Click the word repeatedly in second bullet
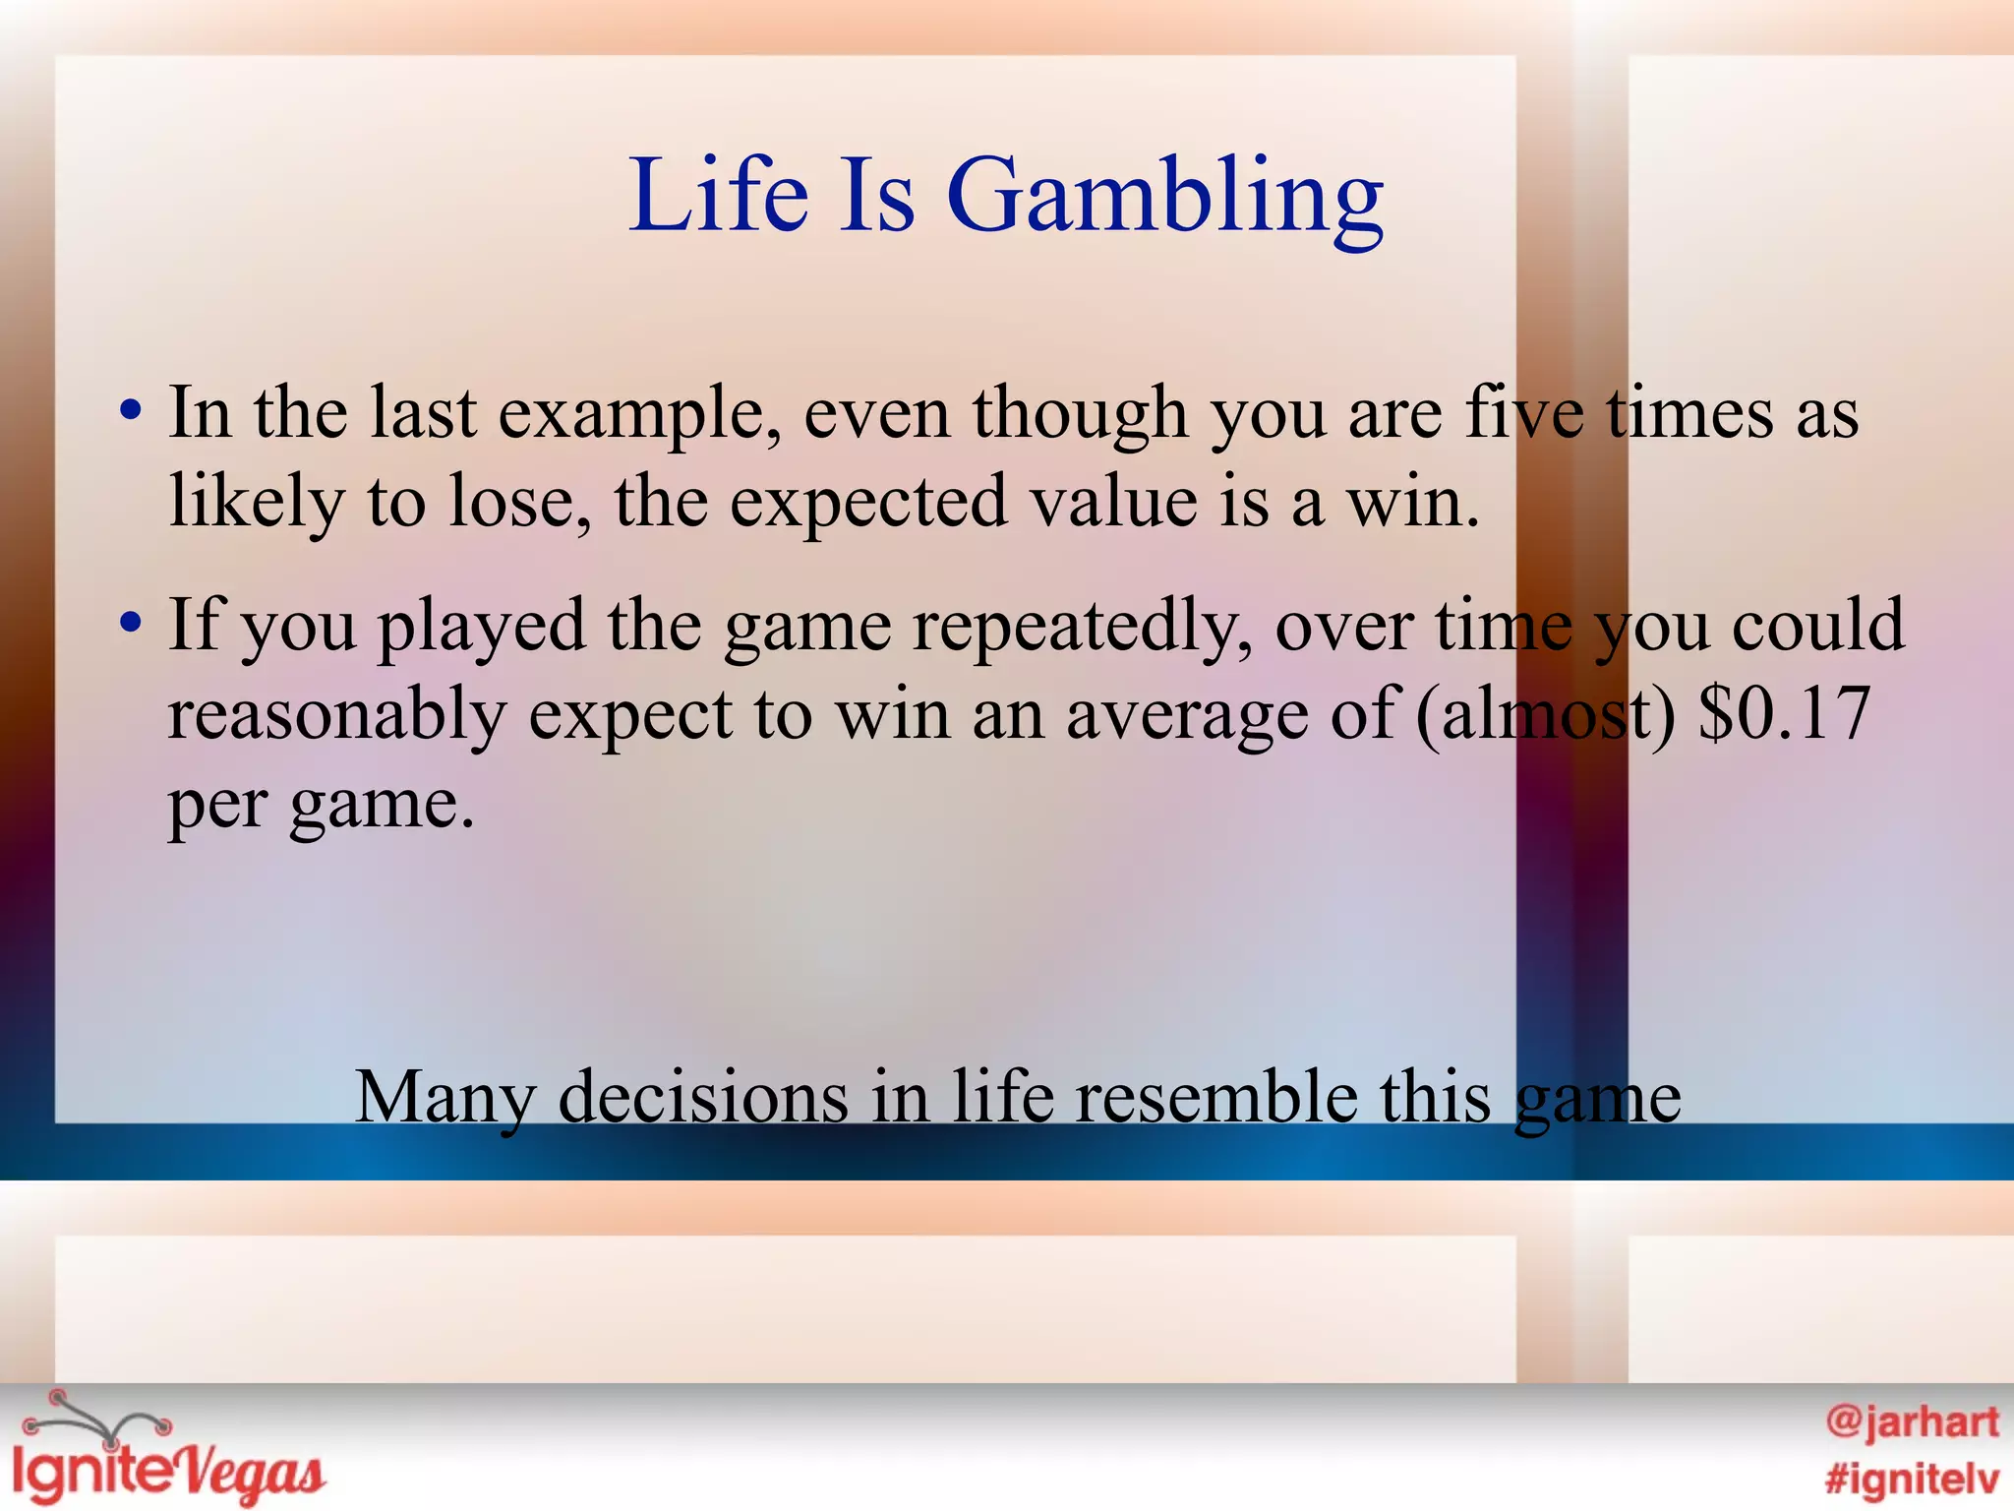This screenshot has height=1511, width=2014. pyautogui.click(x=1082, y=628)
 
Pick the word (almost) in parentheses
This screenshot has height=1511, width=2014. pyautogui.click(x=1545, y=714)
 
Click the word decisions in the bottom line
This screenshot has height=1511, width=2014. pyautogui.click(x=703, y=1098)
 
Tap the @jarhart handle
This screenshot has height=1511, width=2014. pyautogui.click(x=1911, y=1422)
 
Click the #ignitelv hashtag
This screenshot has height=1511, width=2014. pyautogui.click(x=1911, y=1479)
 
